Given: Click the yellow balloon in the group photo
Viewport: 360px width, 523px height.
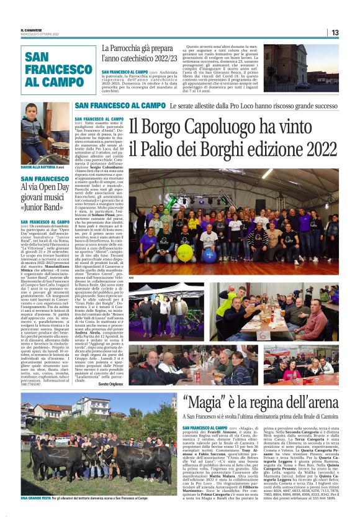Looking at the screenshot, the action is click(x=185, y=252).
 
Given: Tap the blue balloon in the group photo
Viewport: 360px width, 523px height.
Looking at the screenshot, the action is click(x=209, y=253).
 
